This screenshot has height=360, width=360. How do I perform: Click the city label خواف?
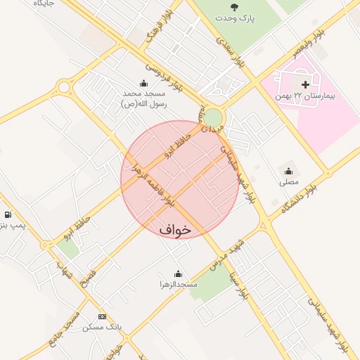click(175, 229)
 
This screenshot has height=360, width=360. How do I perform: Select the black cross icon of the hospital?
click(305, 84)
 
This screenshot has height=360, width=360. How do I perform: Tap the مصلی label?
click(288, 181)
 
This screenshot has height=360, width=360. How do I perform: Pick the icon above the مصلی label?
click(288, 170)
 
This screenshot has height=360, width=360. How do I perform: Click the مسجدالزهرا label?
click(178, 285)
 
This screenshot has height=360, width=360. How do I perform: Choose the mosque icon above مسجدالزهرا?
click(178, 274)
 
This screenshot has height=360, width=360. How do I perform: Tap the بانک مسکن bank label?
click(102, 328)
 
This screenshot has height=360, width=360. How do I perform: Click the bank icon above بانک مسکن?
click(102, 317)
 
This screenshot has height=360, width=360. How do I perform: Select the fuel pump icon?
click(7, 214)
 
